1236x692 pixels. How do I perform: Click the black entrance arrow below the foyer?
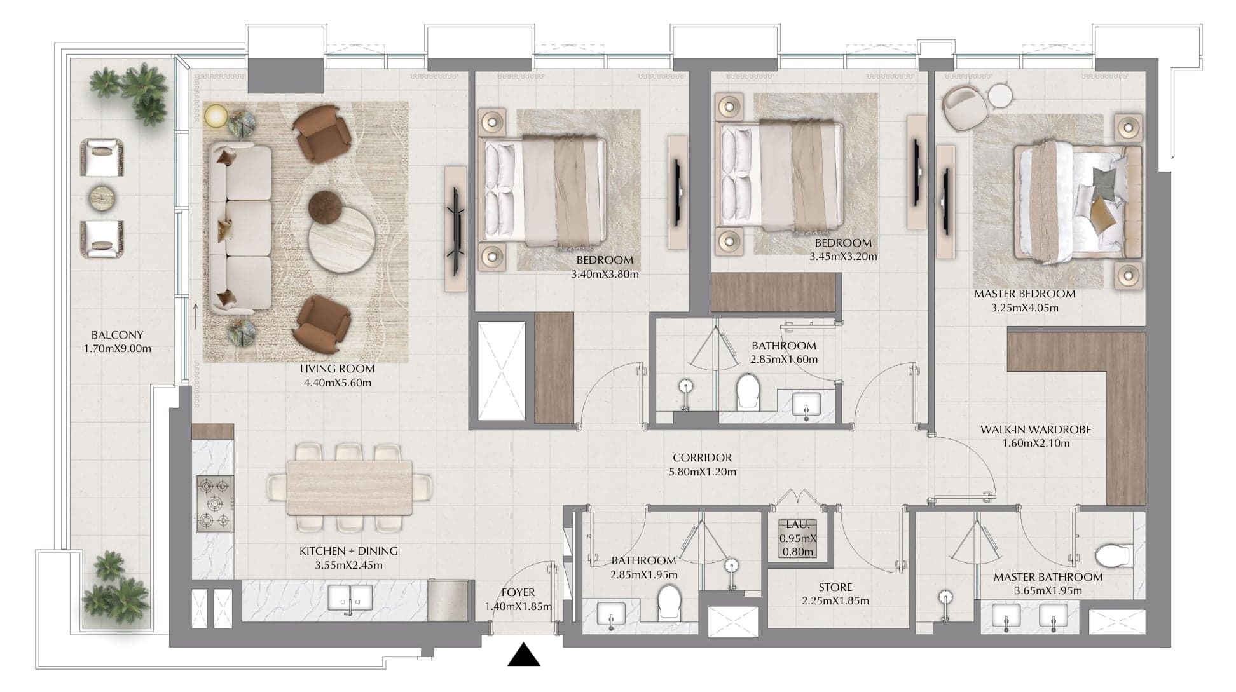click(524, 655)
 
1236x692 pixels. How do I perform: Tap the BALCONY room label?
click(117, 335)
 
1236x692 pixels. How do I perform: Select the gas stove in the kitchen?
click(214, 503)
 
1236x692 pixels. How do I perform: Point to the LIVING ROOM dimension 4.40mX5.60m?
click(338, 383)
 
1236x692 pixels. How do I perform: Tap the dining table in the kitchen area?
click(350, 487)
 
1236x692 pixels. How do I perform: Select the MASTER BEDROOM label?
click(1025, 294)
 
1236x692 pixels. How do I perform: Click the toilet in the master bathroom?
click(1114, 555)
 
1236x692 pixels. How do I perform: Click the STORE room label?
click(835, 587)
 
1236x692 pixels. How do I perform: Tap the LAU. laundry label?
click(798, 525)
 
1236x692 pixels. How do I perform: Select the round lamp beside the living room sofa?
click(216, 116)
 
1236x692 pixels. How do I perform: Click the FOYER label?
click(518, 592)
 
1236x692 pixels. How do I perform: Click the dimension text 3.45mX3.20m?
click(843, 257)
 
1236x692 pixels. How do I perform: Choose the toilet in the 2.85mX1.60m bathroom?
click(748, 391)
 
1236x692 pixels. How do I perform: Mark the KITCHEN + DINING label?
click(348, 551)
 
